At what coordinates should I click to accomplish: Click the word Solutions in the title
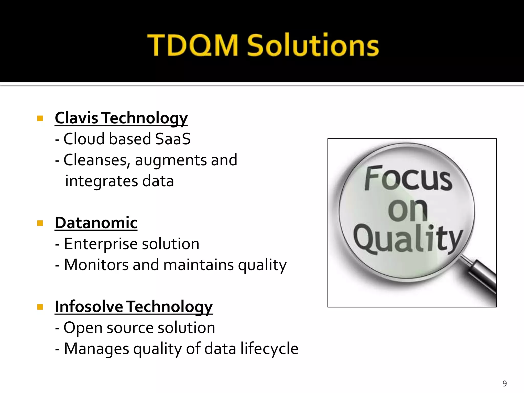point(313,46)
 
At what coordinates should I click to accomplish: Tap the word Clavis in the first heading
point(76,118)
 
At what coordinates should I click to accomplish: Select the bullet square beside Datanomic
point(40,223)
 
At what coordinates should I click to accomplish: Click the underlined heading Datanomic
point(96,223)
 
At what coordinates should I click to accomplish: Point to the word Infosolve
point(89,307)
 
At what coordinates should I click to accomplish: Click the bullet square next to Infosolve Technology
point(40,307)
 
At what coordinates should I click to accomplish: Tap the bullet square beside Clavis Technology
point(40,118)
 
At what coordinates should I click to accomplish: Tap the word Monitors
point(96,265)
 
